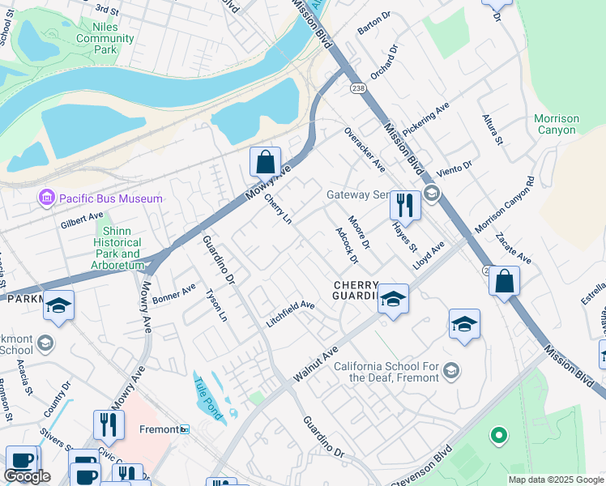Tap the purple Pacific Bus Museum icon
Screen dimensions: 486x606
point(45,198)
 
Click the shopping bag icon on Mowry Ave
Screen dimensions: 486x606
point(265,162)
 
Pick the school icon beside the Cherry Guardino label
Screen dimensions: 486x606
point(393,299)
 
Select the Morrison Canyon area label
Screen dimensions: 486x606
point(557,124)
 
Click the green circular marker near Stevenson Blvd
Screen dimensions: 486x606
point(498,435)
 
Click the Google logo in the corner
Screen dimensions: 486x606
point(27,476)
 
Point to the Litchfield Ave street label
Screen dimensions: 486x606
point(290,313)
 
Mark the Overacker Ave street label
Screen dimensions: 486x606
point(364,149)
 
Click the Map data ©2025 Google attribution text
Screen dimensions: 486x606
point(556,480)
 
